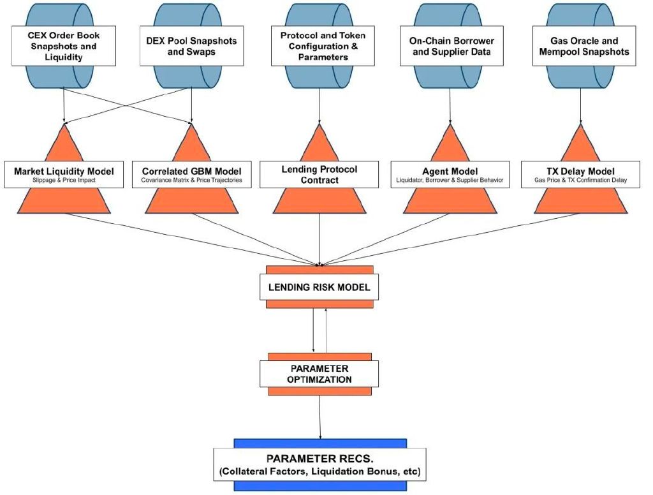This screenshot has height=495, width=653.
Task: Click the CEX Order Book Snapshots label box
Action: pos(64,46)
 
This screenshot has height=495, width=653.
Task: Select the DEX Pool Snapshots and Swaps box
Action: pos(191,46)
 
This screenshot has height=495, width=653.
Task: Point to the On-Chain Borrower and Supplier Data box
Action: pos(451,46)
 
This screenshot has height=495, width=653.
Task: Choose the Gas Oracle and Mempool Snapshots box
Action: pos(584,46)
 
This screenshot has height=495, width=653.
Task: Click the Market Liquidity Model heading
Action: pos(64,171)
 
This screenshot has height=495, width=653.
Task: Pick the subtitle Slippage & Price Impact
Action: pos(64,181)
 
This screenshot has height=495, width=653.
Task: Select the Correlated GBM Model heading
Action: pos(191,171)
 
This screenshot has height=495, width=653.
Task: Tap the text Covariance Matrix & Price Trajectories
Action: pos(191,181)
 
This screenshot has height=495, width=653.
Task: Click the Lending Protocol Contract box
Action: pos(319,175)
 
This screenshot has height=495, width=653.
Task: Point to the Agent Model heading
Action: pos(450,171)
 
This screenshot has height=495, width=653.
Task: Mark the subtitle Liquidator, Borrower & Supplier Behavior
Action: pos(450,181)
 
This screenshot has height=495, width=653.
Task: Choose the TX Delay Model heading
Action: pos(580,171)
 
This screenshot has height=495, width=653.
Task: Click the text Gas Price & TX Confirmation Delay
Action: pos(580,181)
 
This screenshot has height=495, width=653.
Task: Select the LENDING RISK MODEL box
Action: pos(319,287)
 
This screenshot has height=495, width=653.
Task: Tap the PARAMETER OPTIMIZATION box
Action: pos(319,374)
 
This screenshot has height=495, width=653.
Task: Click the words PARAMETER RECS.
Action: pos(320,459)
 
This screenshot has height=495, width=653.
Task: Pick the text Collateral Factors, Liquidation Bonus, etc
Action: pos(320,471)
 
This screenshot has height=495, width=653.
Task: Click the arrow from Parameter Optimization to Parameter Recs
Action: pos(320,417)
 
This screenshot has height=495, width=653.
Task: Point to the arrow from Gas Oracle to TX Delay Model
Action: pos(581,106)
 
